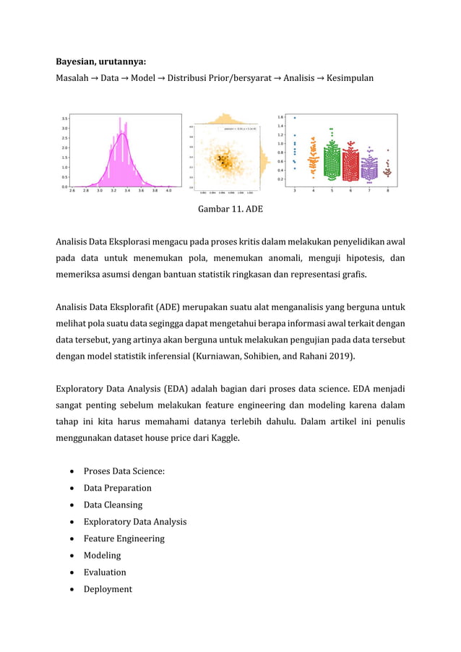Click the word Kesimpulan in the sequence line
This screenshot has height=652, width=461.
tap(350, 78)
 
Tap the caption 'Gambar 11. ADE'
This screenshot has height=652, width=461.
tap(230, 210)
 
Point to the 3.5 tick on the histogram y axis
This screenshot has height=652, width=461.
tap(64, 119)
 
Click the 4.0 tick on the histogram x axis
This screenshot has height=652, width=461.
tap(168, 192)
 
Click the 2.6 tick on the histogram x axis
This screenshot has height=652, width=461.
tap(72, 192)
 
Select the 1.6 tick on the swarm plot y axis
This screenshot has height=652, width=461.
tap(281, 117)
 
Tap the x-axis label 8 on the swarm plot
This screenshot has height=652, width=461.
tap(388, 192)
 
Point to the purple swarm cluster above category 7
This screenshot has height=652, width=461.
tap(369, 168)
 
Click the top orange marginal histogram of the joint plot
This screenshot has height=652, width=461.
tap(226, 120)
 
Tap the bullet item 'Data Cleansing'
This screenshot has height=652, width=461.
tap(113, 505)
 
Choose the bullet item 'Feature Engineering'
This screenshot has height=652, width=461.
tap(124, 539)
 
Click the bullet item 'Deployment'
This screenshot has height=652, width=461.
tap(108, 589)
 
